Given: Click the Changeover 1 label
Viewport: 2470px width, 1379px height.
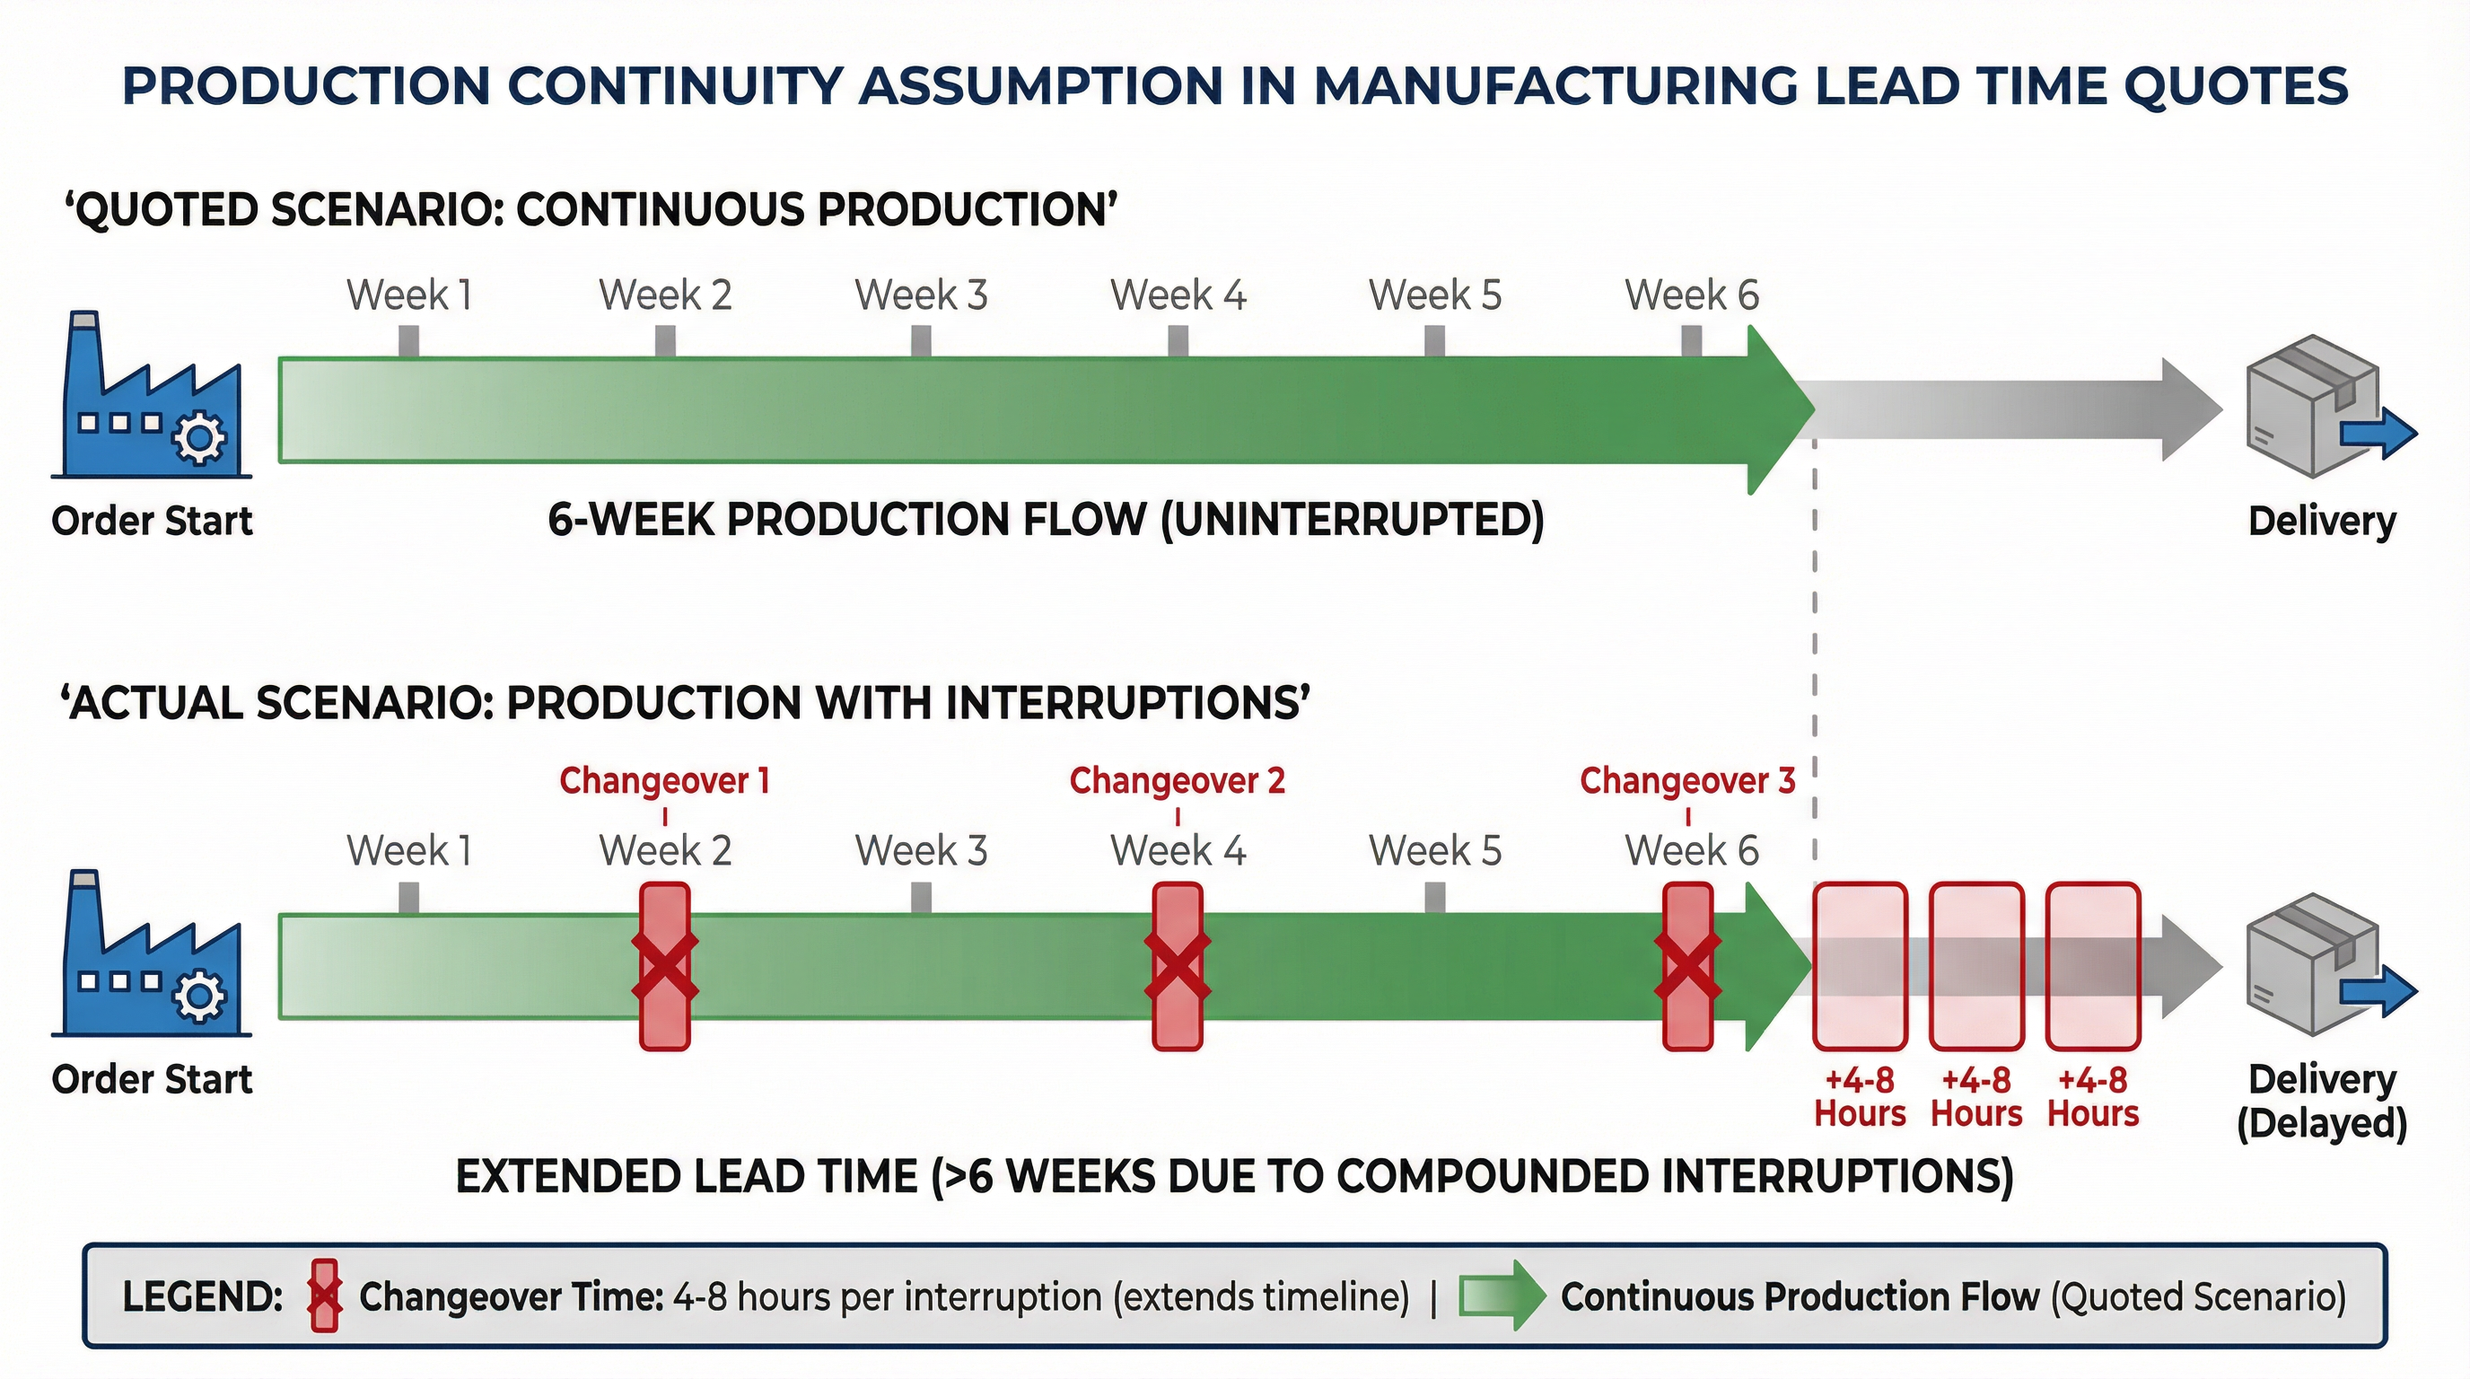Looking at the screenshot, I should click(x=664, y=780).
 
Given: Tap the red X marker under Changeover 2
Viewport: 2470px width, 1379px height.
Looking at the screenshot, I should click(x=1178, y=967).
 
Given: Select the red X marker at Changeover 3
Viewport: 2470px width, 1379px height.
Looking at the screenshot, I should click(x=1687, y=967).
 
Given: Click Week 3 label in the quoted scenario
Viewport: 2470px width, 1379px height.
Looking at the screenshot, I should click(x=921, y=294).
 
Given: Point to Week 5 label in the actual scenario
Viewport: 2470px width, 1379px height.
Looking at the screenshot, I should click(x=1434, y=850).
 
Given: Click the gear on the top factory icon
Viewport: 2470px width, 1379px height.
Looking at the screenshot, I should click(x=198, y=438).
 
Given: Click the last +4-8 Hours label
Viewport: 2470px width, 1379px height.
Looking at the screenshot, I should click(x=2093, y=1097).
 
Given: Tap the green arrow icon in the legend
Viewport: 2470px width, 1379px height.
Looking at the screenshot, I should click(x=1502, y=1296).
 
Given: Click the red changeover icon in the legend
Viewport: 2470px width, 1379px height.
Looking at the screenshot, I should click(x=325, y=1296).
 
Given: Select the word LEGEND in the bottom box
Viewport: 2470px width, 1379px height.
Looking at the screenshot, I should click(x=201, y=1296).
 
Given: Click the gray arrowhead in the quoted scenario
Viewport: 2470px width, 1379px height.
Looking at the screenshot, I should click(x=2191, y=409).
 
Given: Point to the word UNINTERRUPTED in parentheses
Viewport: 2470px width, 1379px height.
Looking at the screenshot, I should click(x=1352, y=520).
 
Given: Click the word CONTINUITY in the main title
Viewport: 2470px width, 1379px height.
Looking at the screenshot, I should click(x=675, y=86).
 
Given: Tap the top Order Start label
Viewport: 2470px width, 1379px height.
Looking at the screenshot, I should click(x=152, y=521).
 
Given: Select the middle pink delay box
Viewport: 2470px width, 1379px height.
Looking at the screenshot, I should click(x=1976, y=967).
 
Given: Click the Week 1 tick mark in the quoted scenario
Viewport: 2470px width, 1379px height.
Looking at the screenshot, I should click(x=408, y=341).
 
